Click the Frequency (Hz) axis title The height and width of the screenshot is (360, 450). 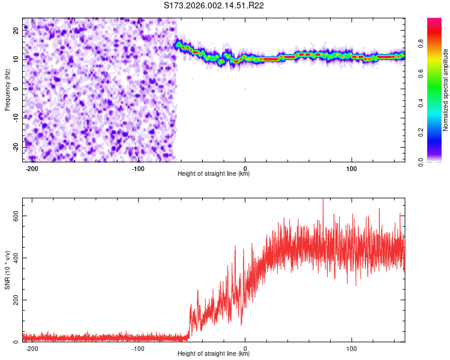click(x=7, y=90)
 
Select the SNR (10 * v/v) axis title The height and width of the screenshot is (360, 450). click(x=7, y=270)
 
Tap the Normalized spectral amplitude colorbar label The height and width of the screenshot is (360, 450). click(x=446, y=90)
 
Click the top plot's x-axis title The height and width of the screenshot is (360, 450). click(x=214, y=173)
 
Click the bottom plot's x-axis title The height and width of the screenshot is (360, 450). click(x=214, y=353)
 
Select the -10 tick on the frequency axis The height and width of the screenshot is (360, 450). click(x=16, y=118)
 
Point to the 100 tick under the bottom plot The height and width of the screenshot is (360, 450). click(x=352, y=347)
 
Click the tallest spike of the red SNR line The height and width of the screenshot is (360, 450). click(x=323, y=199)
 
